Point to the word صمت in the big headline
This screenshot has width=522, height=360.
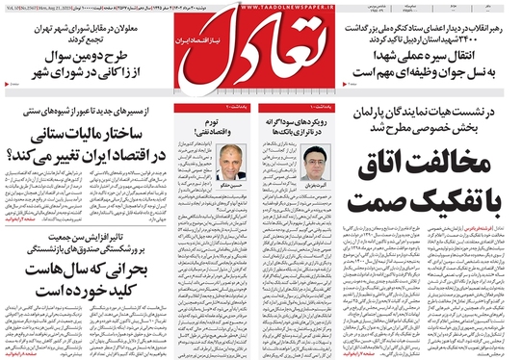pyautogui.click(x=365, y=203)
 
